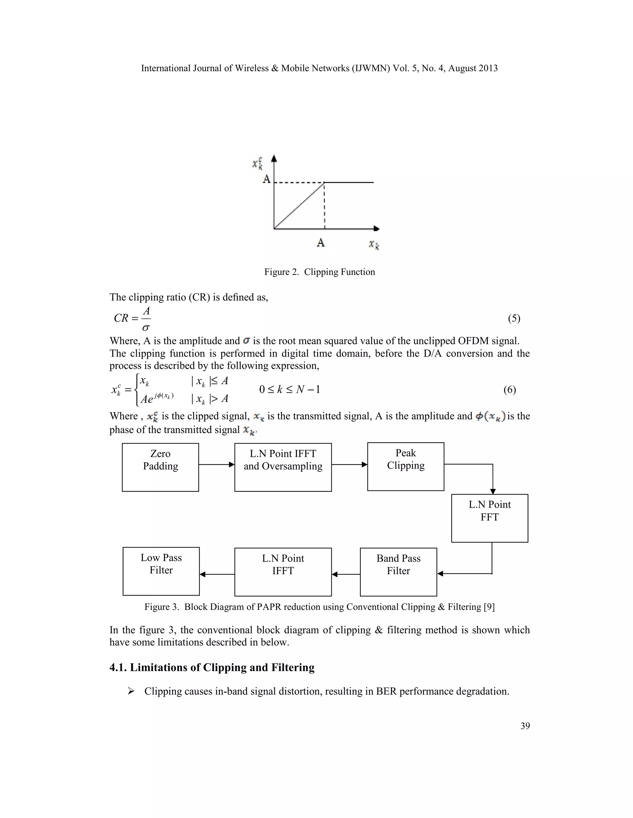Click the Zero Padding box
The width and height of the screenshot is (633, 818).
(x=160, y=467)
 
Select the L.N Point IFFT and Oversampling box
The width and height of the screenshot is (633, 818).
(x=283, y=467)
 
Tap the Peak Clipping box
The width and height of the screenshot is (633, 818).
(x=406, y=466)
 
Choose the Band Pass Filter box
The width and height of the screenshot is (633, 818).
(x=398, y=572)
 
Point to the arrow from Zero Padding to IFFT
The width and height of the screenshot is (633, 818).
(x=216, y=465)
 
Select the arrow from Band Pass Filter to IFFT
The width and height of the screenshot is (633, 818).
(x=346, y=574)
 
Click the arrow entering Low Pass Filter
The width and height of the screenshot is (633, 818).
(x=217, y=574)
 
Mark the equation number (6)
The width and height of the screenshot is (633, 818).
(x=510, y=390)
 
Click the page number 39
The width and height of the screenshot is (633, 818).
(x=525, y=726)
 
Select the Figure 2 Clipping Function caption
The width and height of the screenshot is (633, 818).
(x=320, y=272)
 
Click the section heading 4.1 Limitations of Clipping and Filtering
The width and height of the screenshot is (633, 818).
(x=212, y=667)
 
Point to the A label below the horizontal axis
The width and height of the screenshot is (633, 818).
(x=321, y=243)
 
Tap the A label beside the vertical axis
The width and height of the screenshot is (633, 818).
(x=267, y=179)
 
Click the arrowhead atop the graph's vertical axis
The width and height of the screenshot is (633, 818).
(x=274, y=158)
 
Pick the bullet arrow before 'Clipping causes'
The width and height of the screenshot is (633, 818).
(x=131, y=691)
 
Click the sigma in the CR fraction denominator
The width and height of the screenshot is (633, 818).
(x=146, y=328)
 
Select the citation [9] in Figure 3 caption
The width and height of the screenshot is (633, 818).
(x=489, y=607)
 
